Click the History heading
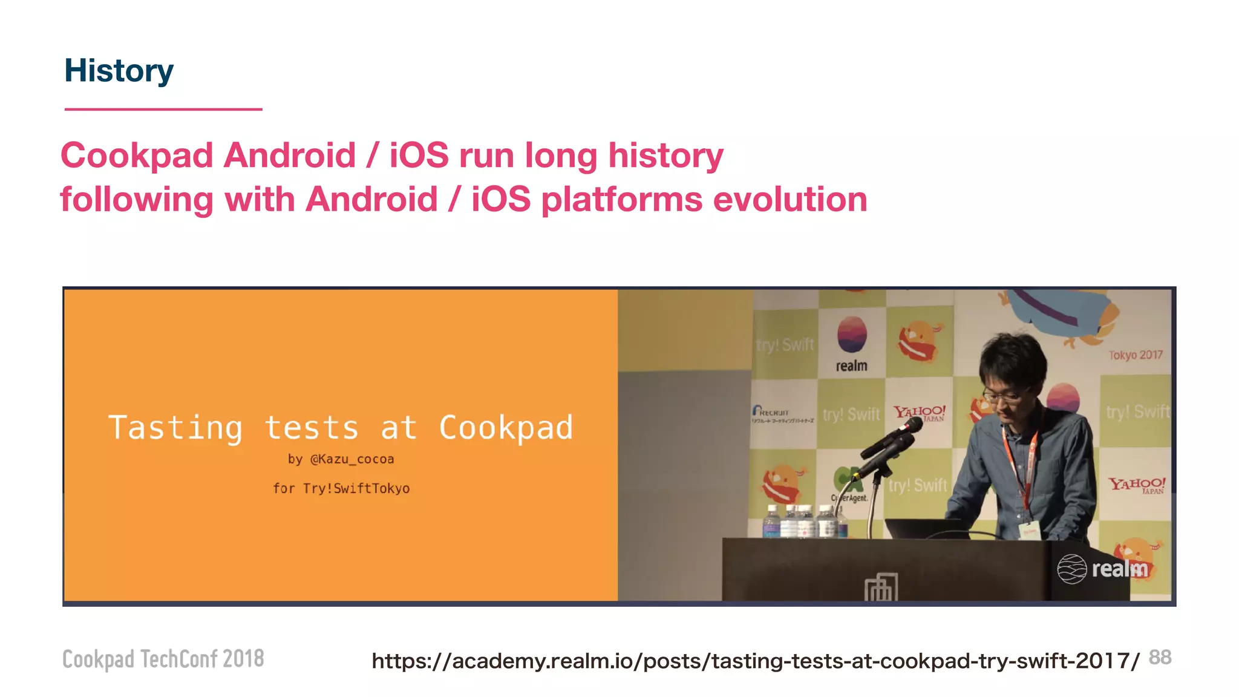[119, 71]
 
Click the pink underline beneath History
[163, 110]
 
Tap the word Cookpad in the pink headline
[137, 155]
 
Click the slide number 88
[1160, 657]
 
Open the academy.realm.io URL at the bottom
[755, 661]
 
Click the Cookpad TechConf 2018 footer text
[163, 659]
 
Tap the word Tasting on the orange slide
[175, 428]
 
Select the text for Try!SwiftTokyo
[341, 488]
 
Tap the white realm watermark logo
[1102, 569]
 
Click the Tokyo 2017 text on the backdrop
[1136, 355]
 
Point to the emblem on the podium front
[881, 586]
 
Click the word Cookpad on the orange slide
[506, 428]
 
